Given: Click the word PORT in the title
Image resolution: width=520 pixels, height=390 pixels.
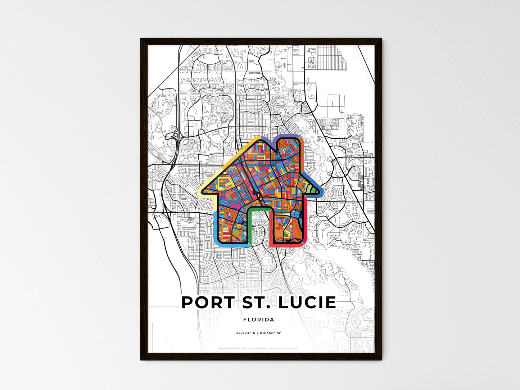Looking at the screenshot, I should pyautogui.click(x=208, y=303).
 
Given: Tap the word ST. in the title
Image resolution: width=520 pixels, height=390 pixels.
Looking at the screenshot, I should pyautogui.click(x=252, y=303).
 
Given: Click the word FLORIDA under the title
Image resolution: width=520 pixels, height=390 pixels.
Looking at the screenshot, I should pyautogui.click(x=259, y=319).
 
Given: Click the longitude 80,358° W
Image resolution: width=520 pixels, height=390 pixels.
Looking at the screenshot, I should pyautogui.click(x=270, y=333).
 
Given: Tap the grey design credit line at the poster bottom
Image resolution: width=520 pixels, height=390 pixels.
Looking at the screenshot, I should pyautogui.click(x=258, y=348).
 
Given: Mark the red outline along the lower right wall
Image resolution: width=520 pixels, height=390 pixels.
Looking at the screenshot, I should pyautogui.click(x=305, y=227).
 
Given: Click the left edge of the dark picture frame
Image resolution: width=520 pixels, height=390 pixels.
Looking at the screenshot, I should pyautogui.click(x=143, y=198).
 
